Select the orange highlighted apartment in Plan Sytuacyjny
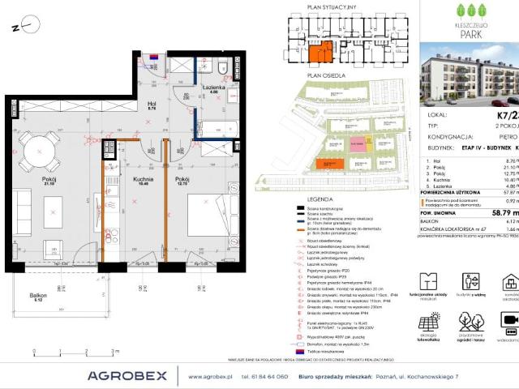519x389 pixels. click(x=320, y=53)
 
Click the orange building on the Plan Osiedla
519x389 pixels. click(x=329, y=164)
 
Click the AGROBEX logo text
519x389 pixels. click(x=127, y=375)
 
